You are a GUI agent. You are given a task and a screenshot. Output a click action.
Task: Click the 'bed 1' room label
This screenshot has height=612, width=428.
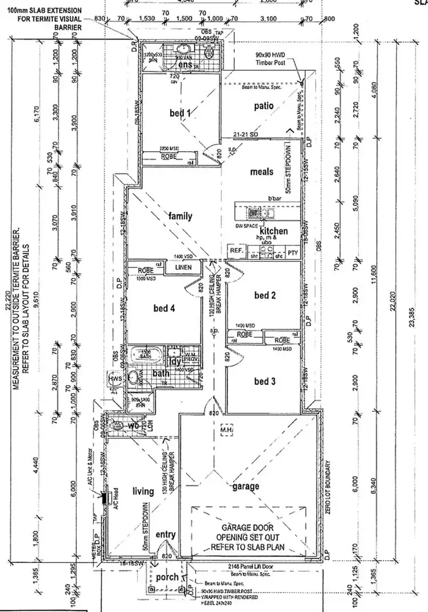coord(180,113)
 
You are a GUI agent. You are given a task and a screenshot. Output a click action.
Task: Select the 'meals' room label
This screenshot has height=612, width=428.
coord(261,171)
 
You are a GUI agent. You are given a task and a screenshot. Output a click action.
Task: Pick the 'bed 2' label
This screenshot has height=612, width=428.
coord(265,295)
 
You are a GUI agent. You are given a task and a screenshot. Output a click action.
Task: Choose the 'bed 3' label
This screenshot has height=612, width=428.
coord(265,381)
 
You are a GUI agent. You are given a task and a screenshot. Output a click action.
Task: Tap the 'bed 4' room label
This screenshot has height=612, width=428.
coord(164,309)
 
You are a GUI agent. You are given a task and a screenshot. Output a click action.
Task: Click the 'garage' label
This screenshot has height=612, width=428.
coord(246,486)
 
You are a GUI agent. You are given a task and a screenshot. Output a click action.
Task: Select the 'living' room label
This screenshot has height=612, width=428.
coord(143,492)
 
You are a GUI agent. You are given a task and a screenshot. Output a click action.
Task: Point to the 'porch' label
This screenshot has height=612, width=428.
coord(167,577)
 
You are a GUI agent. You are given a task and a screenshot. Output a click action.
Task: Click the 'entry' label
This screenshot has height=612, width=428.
coord(165,535)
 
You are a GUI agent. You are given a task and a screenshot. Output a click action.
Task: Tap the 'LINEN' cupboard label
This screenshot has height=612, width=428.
coord(183,267)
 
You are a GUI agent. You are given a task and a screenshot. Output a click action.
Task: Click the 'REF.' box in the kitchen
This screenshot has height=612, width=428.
coord(236,251)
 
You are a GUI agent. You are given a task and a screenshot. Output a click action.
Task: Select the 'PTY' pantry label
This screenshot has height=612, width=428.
coord(293,252)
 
